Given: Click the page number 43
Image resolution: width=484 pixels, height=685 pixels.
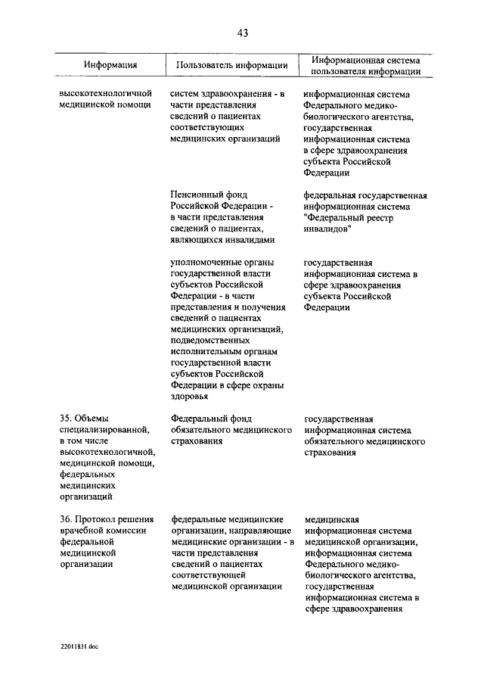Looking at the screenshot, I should pyautogui.click(x=242, y=33).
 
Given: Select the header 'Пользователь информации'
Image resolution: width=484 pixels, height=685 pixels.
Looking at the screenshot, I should pyautogui.click(x=231, y=65).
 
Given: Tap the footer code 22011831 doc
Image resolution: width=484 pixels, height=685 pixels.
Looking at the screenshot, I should pyautogui.click(x=81, y=649).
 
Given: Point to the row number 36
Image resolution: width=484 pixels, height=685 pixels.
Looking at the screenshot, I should pyautogui.click(x=66, y=520).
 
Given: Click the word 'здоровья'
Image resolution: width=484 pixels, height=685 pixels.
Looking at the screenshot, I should pyautogui.click(x=189, y=397).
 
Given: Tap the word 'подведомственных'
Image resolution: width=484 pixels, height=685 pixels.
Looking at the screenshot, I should pyautogui.click(x=210, y=341).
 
